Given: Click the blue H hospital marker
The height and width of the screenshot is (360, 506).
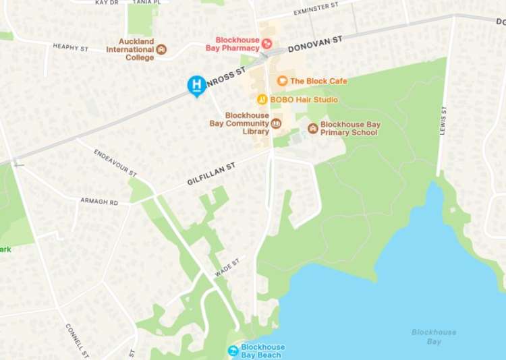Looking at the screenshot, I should [196, 85].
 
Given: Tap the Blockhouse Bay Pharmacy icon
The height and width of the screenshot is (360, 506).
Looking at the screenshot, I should [267, 44].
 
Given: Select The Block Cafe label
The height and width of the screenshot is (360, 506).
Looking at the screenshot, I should [318, 81].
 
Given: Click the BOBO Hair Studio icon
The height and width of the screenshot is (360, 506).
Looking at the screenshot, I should [262, 100].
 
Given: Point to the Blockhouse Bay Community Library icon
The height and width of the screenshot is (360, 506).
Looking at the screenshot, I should [276, 123].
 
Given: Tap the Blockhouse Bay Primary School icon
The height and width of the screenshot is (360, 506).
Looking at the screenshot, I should [313, 128].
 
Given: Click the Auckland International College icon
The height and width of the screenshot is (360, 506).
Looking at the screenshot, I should [161, 49].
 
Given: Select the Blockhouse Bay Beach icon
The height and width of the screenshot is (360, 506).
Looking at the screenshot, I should [233, 351].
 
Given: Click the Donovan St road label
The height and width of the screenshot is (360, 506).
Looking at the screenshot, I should [315, 44].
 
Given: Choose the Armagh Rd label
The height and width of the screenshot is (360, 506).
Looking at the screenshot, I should [99, 202].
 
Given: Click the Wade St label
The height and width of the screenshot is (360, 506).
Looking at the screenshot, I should [227, 268].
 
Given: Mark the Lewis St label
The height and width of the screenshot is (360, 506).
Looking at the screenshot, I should [443, 120].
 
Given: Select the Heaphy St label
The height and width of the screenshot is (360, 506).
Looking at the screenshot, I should [70, 48].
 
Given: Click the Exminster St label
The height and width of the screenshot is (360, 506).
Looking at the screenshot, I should [316, 9].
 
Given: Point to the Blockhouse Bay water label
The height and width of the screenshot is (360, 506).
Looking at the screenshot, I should [434, 336].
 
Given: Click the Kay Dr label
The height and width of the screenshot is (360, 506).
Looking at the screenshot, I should [106, 3].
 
